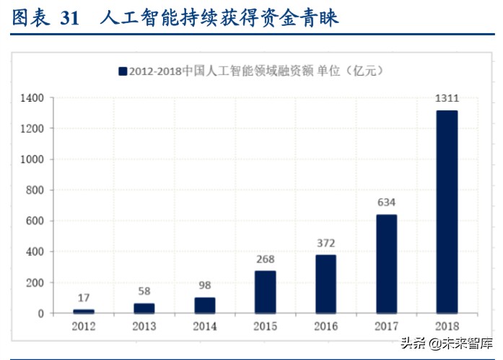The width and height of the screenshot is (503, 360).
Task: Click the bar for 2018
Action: (x=447, y=211)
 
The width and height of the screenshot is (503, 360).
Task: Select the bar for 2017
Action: (x=386, y=264)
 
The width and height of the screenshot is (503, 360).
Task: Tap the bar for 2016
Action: (x=325, y=284)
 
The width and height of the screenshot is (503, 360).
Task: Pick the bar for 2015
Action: (x=265, y=292)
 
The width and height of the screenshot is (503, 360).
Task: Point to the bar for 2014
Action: (x=204, y=305)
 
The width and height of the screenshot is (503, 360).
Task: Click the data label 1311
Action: (x=447, y=97)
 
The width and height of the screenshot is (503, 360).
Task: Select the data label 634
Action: (x=386, y=202)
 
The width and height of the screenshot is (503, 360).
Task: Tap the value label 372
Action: (x=325, y=242)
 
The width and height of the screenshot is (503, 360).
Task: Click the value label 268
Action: (x=265, y=258)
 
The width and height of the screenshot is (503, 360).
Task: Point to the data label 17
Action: (x=84, y=297)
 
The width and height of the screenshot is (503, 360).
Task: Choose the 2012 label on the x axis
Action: (x=84, y=326)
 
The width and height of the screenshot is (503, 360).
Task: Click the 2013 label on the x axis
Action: (x=144, y=326)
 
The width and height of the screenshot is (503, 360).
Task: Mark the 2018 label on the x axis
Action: (x=447, y=326)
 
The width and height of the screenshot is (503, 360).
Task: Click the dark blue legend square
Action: (x=122, y=71)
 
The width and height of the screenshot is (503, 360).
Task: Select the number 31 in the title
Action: (x=69, y=19)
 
